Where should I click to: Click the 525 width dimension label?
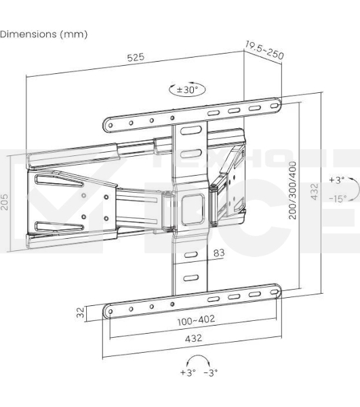point(136,58)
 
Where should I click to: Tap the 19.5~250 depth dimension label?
point(264,50)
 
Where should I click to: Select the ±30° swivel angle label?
point(187,90)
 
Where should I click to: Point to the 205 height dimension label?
point(5,202)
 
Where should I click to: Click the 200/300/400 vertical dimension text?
point(292,190)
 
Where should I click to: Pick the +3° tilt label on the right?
point(337,180)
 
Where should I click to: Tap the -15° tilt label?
point(338,199)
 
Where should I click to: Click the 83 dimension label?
point(219,253)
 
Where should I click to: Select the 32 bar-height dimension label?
point(81,313)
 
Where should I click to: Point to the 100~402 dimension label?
point(196,320)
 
